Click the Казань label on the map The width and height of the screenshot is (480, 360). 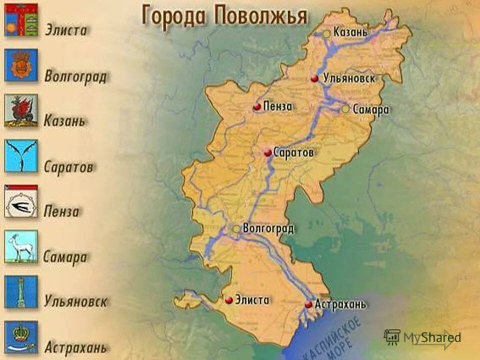coord(351,33)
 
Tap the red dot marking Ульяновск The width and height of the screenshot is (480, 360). coord(314,79)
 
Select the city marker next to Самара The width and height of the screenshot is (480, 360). coord(345,109)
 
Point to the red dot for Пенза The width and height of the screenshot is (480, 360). coord(256,106)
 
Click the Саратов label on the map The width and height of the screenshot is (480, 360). coord(294,152)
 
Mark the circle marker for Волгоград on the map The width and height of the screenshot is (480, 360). coord(236,228)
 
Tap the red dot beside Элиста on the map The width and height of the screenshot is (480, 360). coord(228,300)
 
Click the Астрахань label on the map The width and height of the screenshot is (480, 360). coord(341,304)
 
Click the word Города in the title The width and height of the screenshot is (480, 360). coord(174,16)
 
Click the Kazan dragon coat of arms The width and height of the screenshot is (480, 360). coord(21,110)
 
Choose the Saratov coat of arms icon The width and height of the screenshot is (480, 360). coord(21,155)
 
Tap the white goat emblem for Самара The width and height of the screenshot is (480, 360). coord(21,246)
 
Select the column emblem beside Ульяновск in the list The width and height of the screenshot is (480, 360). coord(21,292)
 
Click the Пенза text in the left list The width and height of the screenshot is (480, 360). coord(61,211)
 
